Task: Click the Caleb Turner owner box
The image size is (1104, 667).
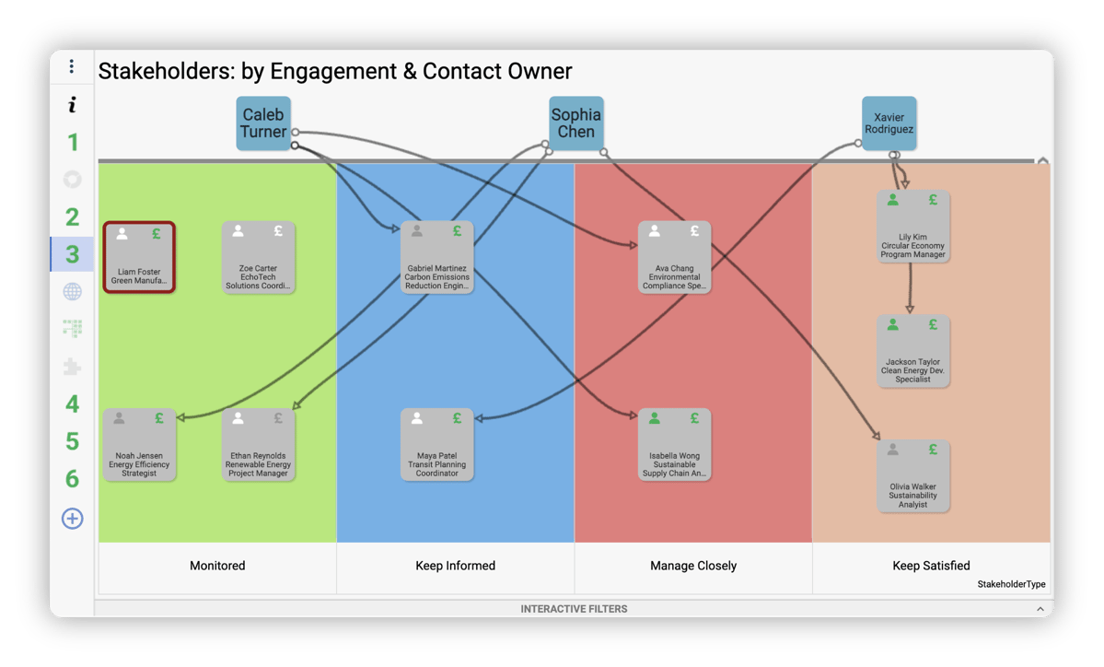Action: tap(263, 123)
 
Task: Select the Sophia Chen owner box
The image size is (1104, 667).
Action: tap(576, 123)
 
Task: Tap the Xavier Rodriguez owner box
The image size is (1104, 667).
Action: tap(889, 123)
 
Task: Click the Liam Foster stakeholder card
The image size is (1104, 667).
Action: tap(139, 257)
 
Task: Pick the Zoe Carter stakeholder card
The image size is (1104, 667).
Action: tap(258, 257)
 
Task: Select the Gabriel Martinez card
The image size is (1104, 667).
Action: tap(437, 257)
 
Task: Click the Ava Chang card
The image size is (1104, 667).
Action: tap(675, 257)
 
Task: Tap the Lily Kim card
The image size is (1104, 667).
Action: tap(912, 227)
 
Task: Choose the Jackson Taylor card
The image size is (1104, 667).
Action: tap(912, 352)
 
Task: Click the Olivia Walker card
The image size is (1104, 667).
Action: tap(912, 476)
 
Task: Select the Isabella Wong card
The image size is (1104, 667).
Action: tap(675, 445)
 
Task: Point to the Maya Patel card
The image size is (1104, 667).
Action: tap(437, 445)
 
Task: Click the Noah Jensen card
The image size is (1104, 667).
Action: tap(139, 445)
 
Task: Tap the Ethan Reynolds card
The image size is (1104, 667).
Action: tap(258, 445)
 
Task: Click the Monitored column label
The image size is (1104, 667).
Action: tap(217, 566)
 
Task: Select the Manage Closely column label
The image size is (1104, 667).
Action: tap(693, 566)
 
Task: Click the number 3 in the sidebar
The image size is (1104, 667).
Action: tap(72, 254)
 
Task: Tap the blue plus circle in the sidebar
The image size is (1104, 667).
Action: tap(72, 519)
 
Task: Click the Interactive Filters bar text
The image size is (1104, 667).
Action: tap(574, 609)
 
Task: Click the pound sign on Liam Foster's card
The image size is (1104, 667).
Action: tap(157, 234)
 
